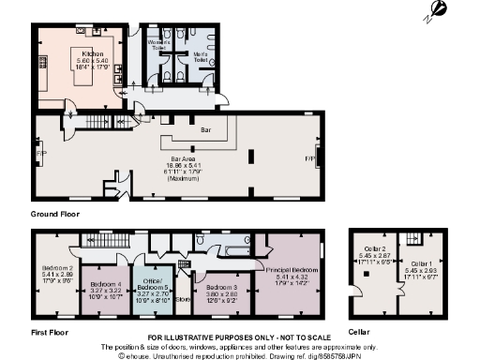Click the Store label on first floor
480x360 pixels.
point(182,299)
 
